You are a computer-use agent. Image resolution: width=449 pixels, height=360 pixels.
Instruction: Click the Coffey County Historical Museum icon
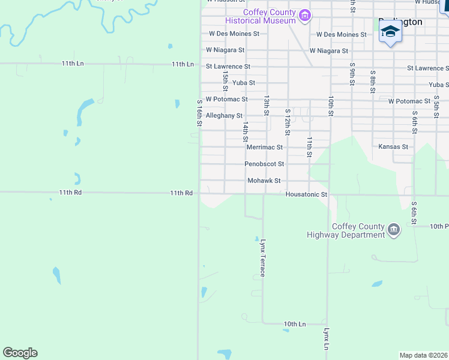coord(305,15)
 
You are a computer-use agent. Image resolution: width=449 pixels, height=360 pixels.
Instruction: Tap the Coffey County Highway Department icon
coord(394,229)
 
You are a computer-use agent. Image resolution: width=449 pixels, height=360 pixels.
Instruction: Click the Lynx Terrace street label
coord(262,257)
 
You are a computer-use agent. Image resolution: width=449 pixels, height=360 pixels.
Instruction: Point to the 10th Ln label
coord(295,324)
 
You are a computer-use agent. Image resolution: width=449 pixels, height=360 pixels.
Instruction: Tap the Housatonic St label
coord(306,194)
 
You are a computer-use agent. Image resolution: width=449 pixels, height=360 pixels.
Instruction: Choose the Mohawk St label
coord(264,181)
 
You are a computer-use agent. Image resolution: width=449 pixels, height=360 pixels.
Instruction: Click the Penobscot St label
coord(264,164)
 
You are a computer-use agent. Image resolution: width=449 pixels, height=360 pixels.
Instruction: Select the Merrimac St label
coord(264,147)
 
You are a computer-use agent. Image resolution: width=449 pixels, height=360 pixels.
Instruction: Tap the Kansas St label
coord(393,146)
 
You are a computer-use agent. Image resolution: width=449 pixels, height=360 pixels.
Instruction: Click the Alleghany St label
coord(224,115)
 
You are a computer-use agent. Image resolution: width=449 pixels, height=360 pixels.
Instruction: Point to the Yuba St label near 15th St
coord(244,83)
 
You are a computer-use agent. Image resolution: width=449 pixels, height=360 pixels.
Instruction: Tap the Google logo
coord(20,353)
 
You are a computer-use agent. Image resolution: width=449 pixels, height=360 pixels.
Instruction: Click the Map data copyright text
coord(424,355)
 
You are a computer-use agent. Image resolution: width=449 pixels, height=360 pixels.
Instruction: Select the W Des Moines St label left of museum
coord(234,34)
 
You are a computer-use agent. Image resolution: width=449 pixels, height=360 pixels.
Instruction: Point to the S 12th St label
coord(288,121)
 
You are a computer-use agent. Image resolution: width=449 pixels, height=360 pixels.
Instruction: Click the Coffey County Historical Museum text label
coord(269,17)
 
